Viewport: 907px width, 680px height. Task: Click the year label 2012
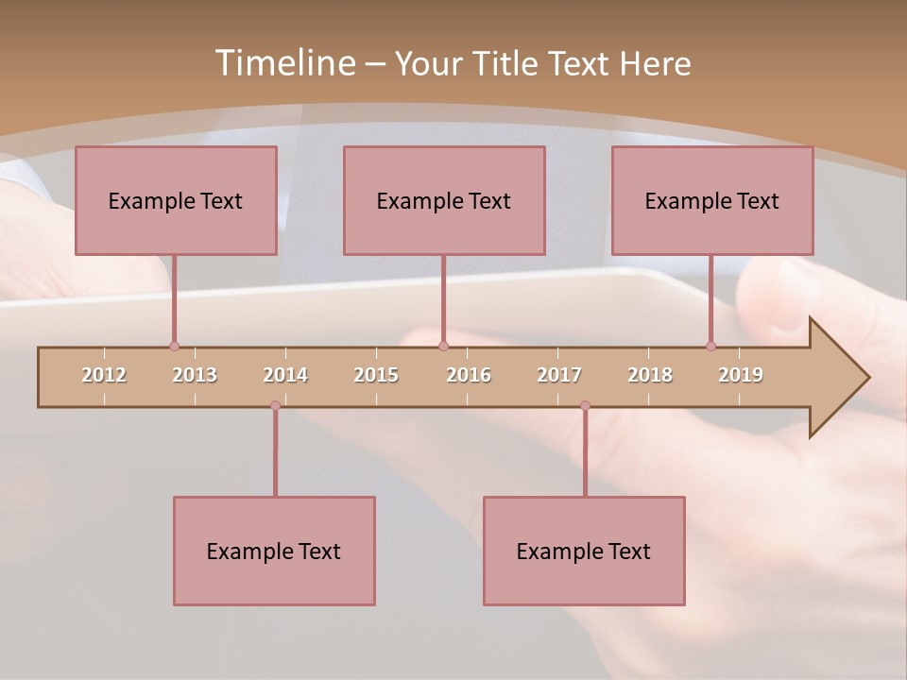tap(104, 375)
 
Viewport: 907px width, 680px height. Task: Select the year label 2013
tap(195, 375)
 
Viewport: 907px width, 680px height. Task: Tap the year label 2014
tap(285, 375)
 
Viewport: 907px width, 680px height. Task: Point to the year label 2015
tap(376, 375)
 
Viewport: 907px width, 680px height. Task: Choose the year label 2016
tap(469, 375)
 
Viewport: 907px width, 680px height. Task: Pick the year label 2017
tap(559, 375)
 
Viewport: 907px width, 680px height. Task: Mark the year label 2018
tap(650, 375)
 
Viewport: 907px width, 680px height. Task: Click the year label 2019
tap(741, 375)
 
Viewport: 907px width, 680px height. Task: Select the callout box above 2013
tap(176, 200)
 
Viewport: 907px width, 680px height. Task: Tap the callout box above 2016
tap(444, 200)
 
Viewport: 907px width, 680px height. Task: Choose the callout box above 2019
tap(712, 200)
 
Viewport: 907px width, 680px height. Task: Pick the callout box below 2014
tap(274, 551)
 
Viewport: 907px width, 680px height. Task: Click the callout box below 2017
tap(584, 551)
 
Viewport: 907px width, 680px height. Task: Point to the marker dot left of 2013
tap(174, 347)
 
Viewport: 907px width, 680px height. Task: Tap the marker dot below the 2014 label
tap(275, 405)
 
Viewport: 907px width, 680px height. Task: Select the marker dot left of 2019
tap(710, 347)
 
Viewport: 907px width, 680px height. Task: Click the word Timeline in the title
tap(284, 63)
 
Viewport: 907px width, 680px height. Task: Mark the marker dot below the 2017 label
tap(585, 405)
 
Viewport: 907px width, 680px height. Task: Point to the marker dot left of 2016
tap(443, 347)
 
